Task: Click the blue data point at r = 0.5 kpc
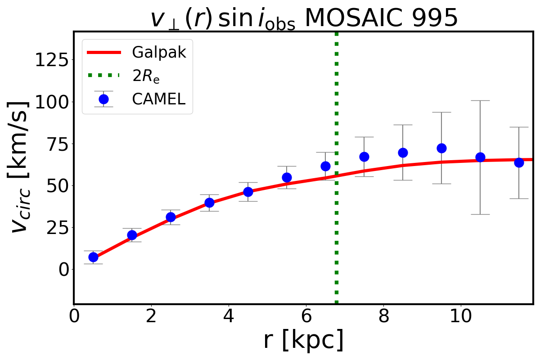point(93,257)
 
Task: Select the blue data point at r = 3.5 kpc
point(209,202)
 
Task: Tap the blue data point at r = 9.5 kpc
point(441,148)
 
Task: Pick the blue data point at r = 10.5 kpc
point(480,157)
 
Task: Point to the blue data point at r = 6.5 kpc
point(325,166)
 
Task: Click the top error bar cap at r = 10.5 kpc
point(480,100)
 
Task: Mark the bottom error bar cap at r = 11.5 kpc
point(519,198)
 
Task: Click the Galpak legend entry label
point(159,53)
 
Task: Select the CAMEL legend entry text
point(158,99)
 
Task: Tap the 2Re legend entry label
point(146,76)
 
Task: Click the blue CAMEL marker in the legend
point(103,99)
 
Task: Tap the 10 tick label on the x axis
point(461,315)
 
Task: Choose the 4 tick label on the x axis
point(229,315)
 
